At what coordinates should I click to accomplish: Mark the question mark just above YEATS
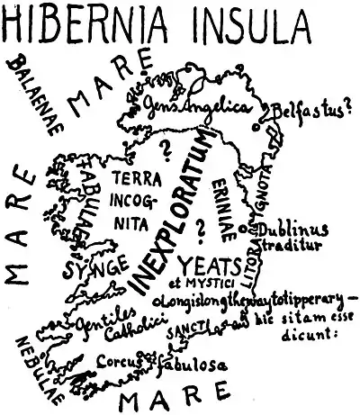200,230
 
